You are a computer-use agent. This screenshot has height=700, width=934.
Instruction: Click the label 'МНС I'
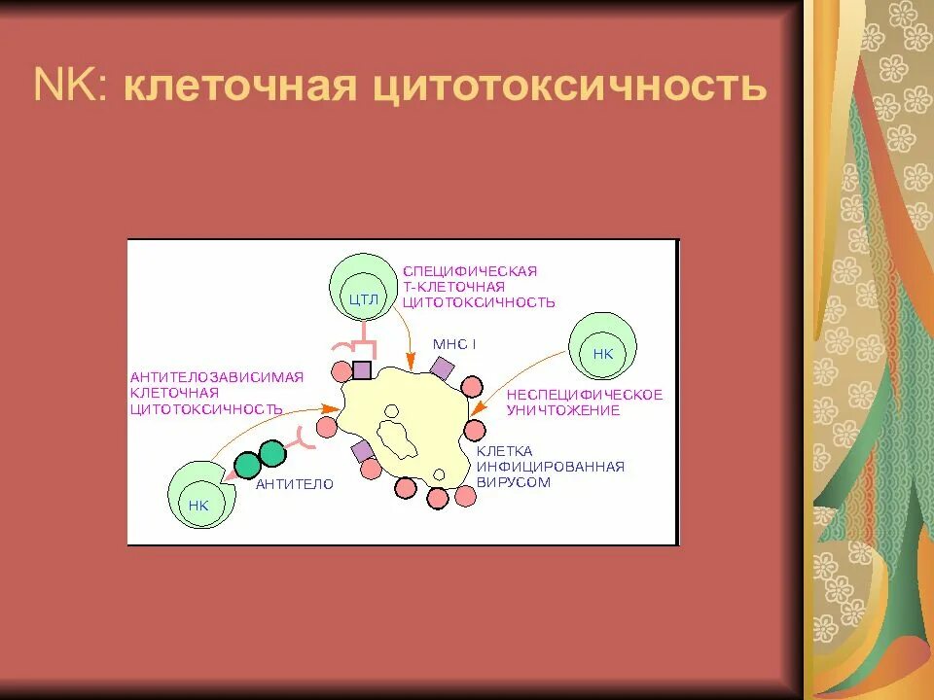pyautogui.click(x=454, y=345)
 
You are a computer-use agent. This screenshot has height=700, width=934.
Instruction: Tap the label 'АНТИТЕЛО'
pyautogui.click(x=294, y=483)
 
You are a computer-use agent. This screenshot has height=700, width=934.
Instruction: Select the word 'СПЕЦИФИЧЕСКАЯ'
pyautogui.click(x=469, y=270)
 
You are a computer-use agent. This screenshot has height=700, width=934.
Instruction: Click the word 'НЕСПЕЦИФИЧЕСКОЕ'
pyautogui.click(x=584, y=395)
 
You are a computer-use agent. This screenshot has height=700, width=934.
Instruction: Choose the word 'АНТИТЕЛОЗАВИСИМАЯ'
pyautogui.click(x=217, y=377)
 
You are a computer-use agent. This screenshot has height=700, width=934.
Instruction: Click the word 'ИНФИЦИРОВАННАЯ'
pyautogui.click(x=550, y=467)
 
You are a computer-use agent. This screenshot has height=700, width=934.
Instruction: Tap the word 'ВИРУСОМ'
pyautogui.click(x=513, y=482)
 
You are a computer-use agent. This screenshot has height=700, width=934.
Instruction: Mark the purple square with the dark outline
pyautogui.click(x=362, y=369)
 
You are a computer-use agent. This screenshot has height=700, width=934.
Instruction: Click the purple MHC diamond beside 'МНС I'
pyautogui.click(x=442, y=368)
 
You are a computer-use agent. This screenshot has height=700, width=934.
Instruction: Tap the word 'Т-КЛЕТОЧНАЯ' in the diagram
pyautogui.click(x=453, y=286)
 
